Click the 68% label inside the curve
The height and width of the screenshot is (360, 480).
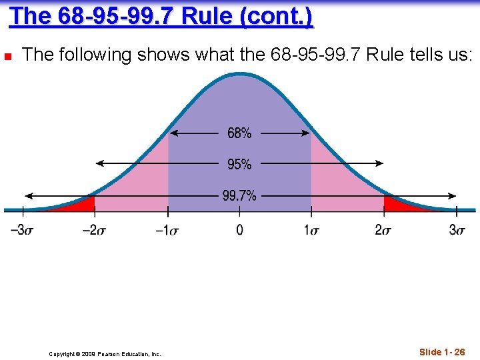point(239,133)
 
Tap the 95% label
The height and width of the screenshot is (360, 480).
point(239,164)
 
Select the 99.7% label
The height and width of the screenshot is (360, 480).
point(239,196)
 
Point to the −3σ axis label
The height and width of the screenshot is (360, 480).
point(22,230)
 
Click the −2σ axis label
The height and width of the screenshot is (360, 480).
point(95,230)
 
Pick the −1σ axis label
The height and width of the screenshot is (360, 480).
point(167,230)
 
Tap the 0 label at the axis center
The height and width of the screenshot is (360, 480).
point(239,230)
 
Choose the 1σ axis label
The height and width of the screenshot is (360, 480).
point(311,230)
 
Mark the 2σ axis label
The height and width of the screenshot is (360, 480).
point(384,230)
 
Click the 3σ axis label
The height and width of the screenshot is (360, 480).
point(457,230)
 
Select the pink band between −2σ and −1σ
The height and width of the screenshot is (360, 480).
point(143,183)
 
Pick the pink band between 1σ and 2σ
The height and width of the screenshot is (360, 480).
point(337,183)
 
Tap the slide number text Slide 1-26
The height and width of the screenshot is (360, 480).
point(442,352)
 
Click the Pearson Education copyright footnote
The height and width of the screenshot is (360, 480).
point(105,354)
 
